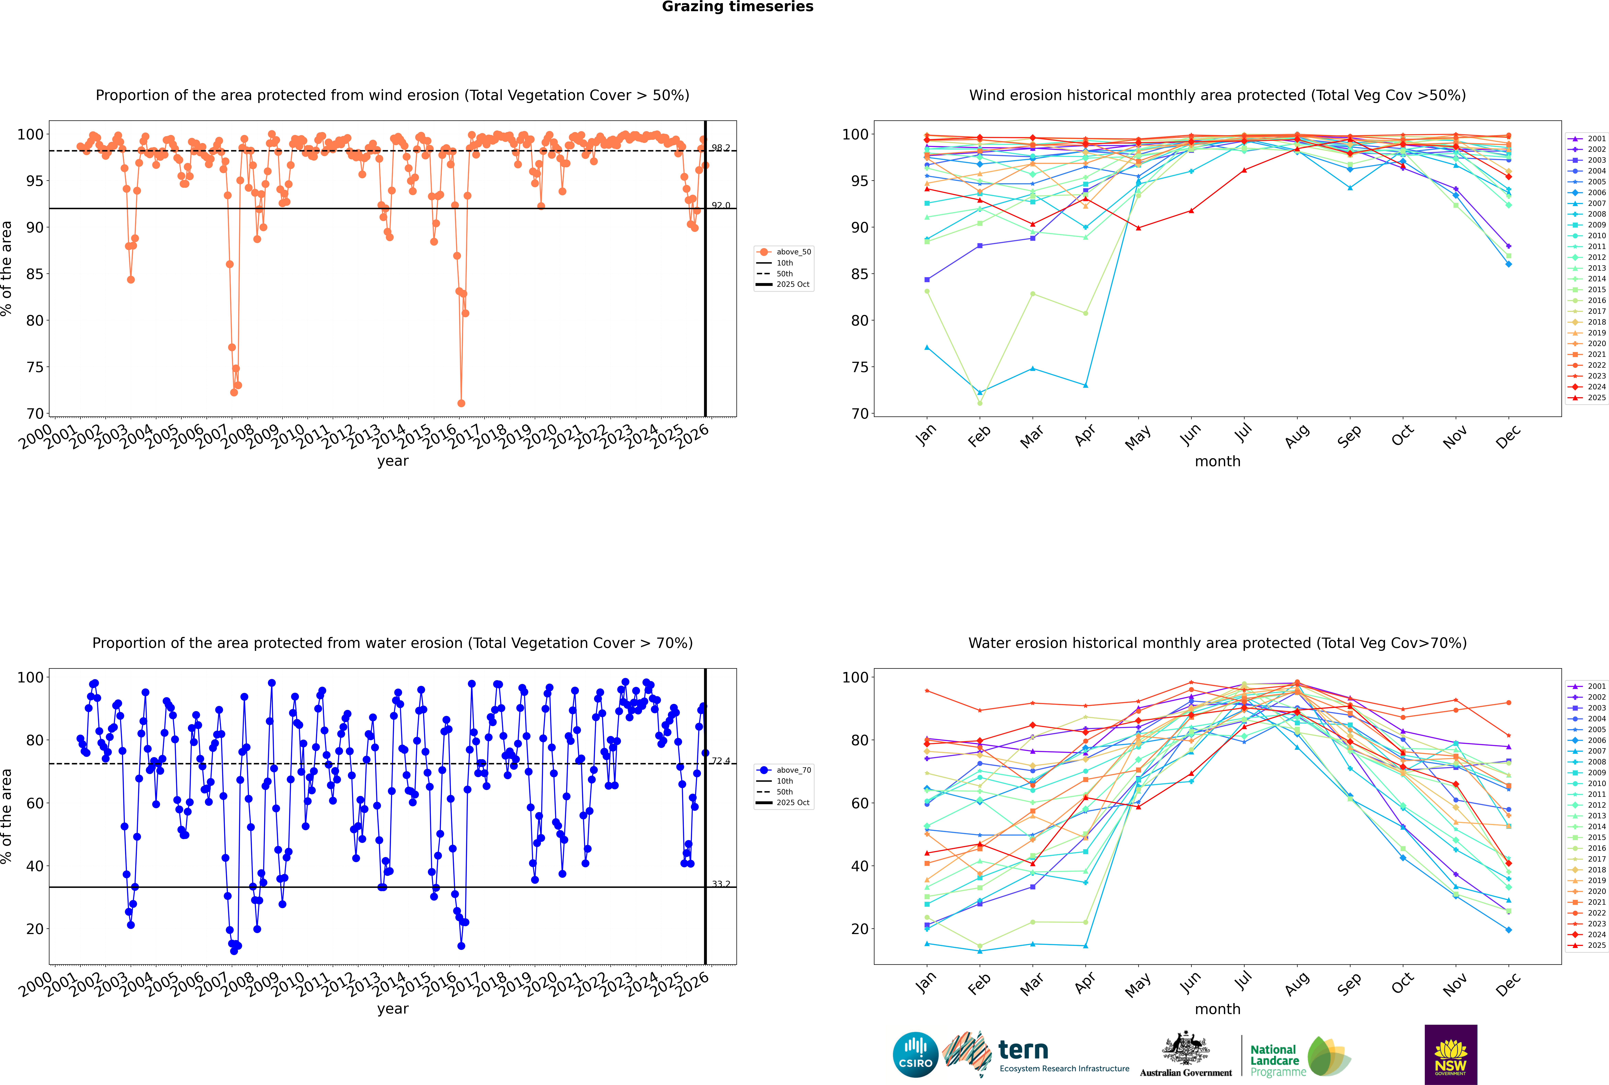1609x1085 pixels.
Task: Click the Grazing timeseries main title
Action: tap(737, 7)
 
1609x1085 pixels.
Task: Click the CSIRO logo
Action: tap(915, 1055)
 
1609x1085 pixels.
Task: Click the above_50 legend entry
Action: tap(793, 252)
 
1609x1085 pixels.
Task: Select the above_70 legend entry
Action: tap(793, 770)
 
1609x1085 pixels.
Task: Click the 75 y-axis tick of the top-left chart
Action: tap(35, 368)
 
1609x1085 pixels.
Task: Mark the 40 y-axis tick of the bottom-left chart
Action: tap(35, 866)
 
